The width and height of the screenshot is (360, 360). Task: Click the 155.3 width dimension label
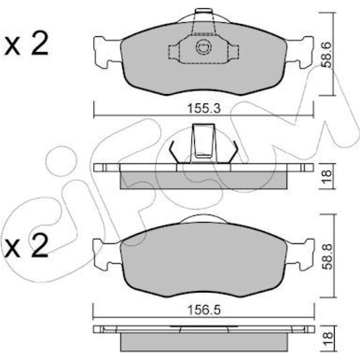[204, 108]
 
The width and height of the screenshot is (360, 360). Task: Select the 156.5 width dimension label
[204, 310]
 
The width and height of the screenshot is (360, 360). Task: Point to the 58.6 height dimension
[327, 55]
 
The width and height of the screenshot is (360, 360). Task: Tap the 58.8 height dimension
[327, 257]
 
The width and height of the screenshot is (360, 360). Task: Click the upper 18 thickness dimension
[327, 176]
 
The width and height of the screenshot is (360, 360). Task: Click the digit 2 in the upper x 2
[40, 43]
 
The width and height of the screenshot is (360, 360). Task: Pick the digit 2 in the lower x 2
[40, 245]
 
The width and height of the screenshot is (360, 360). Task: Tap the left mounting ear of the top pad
[107, 52]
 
